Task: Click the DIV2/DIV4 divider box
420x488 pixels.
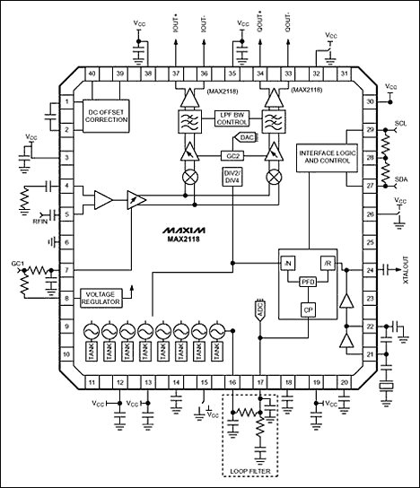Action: tap(231, 177)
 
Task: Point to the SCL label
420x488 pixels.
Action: tap(401, 122)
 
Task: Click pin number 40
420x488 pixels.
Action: tap(91, 73)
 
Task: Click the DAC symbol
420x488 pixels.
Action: tap(246, 137)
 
